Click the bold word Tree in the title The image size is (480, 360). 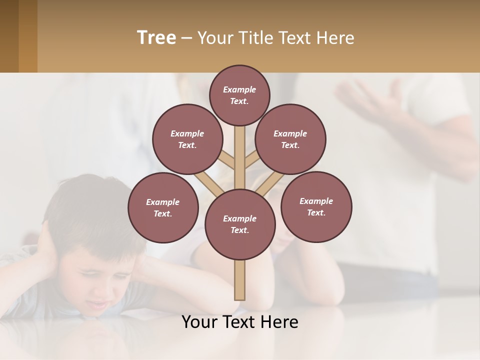tap(156, 38)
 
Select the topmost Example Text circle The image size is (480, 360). tap(239, 95)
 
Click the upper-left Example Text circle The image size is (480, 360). tap(187, 139)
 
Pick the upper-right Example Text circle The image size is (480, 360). tap(290, 139)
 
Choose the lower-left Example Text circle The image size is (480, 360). tap(163, 207)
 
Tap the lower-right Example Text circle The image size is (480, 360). tap(316, 206)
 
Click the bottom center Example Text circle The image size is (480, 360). tap(240, 224)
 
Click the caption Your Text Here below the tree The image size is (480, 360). tap(240, 322)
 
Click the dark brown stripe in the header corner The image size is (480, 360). tap(9, 36)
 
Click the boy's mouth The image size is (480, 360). tap(100, 304)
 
